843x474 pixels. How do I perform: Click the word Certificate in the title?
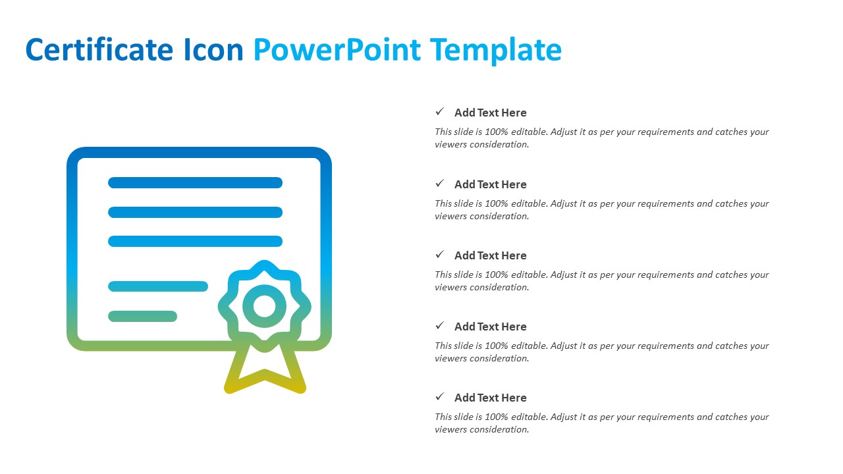[99, 49]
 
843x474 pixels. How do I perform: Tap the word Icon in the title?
[214, 49]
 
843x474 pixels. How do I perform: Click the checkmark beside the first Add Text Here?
[439, 111]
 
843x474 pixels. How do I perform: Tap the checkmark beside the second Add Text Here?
[439, 183]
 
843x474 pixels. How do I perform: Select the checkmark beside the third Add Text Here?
[439, 254]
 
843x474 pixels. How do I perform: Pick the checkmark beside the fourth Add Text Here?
[439, 325]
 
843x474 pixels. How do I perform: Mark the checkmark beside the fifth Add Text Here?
[439, 396]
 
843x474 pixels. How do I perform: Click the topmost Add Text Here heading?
[491, 113]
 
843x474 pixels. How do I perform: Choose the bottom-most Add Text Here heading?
[491, 398]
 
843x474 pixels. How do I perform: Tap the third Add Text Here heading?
[491, 255]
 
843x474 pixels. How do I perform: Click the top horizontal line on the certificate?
[196, 183]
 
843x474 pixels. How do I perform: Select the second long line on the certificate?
[196, 212]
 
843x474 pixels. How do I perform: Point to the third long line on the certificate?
[196, 241]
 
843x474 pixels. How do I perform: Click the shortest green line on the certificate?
[143, 317]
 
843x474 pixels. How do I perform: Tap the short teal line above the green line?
[158, 286]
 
